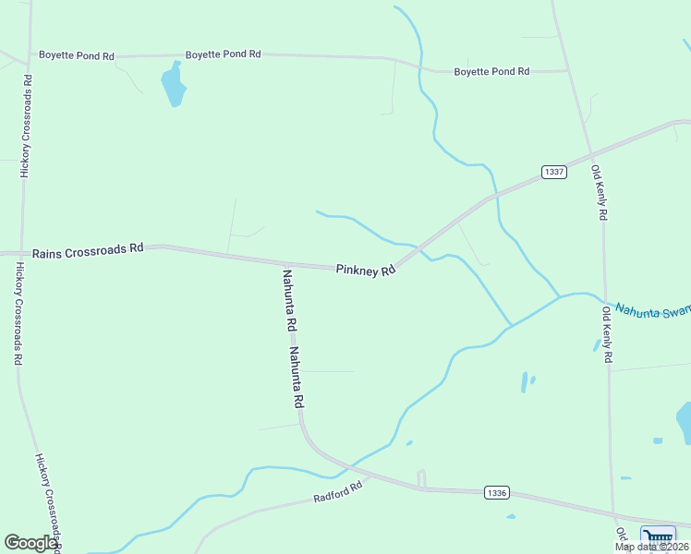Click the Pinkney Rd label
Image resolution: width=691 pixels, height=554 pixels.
366,270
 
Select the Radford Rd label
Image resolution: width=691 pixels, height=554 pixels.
336,494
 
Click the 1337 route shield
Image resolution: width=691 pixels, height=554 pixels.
553,173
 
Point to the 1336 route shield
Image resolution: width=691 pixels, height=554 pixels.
496,493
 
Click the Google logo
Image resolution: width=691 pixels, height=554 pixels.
30,543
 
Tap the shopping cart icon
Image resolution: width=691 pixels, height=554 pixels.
658,536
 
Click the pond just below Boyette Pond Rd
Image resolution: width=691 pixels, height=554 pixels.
173,85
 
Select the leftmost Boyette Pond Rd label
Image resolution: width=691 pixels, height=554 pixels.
76,55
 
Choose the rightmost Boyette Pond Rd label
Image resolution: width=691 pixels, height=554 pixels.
491,71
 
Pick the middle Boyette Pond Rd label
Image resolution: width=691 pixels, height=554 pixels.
223,54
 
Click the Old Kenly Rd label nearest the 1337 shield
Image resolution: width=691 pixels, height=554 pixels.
600,192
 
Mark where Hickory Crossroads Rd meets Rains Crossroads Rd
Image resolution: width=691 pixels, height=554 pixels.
22,252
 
